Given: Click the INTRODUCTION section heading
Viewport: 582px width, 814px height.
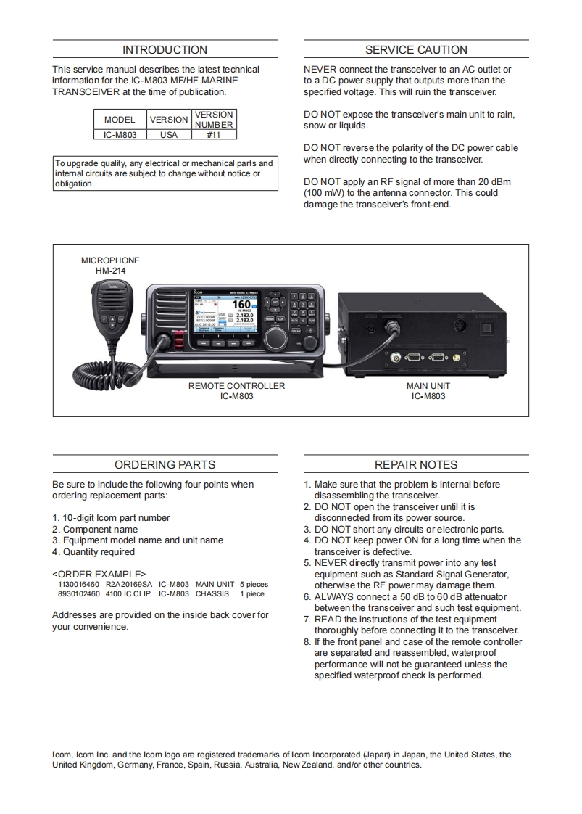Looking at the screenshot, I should point(165,50).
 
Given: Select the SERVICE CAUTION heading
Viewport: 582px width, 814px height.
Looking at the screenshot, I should point(416,50).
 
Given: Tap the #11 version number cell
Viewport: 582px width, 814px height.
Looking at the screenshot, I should point(214,135).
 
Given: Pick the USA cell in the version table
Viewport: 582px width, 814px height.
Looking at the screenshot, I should point(168,135).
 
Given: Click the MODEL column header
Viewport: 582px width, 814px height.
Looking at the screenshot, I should point(120,120).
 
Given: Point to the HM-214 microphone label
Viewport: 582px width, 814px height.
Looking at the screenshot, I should point(110,271).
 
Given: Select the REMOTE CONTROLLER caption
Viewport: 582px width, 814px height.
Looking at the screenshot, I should point(236,386).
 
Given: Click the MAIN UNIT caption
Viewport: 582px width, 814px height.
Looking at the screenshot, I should point(428,386).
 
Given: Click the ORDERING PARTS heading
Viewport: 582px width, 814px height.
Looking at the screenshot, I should point(165,465).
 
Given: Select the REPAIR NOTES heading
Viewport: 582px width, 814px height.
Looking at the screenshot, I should point(416,465).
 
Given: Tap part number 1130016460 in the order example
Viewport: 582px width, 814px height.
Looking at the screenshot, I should point(78,584).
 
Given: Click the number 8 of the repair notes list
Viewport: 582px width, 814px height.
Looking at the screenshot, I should point(307,642).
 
